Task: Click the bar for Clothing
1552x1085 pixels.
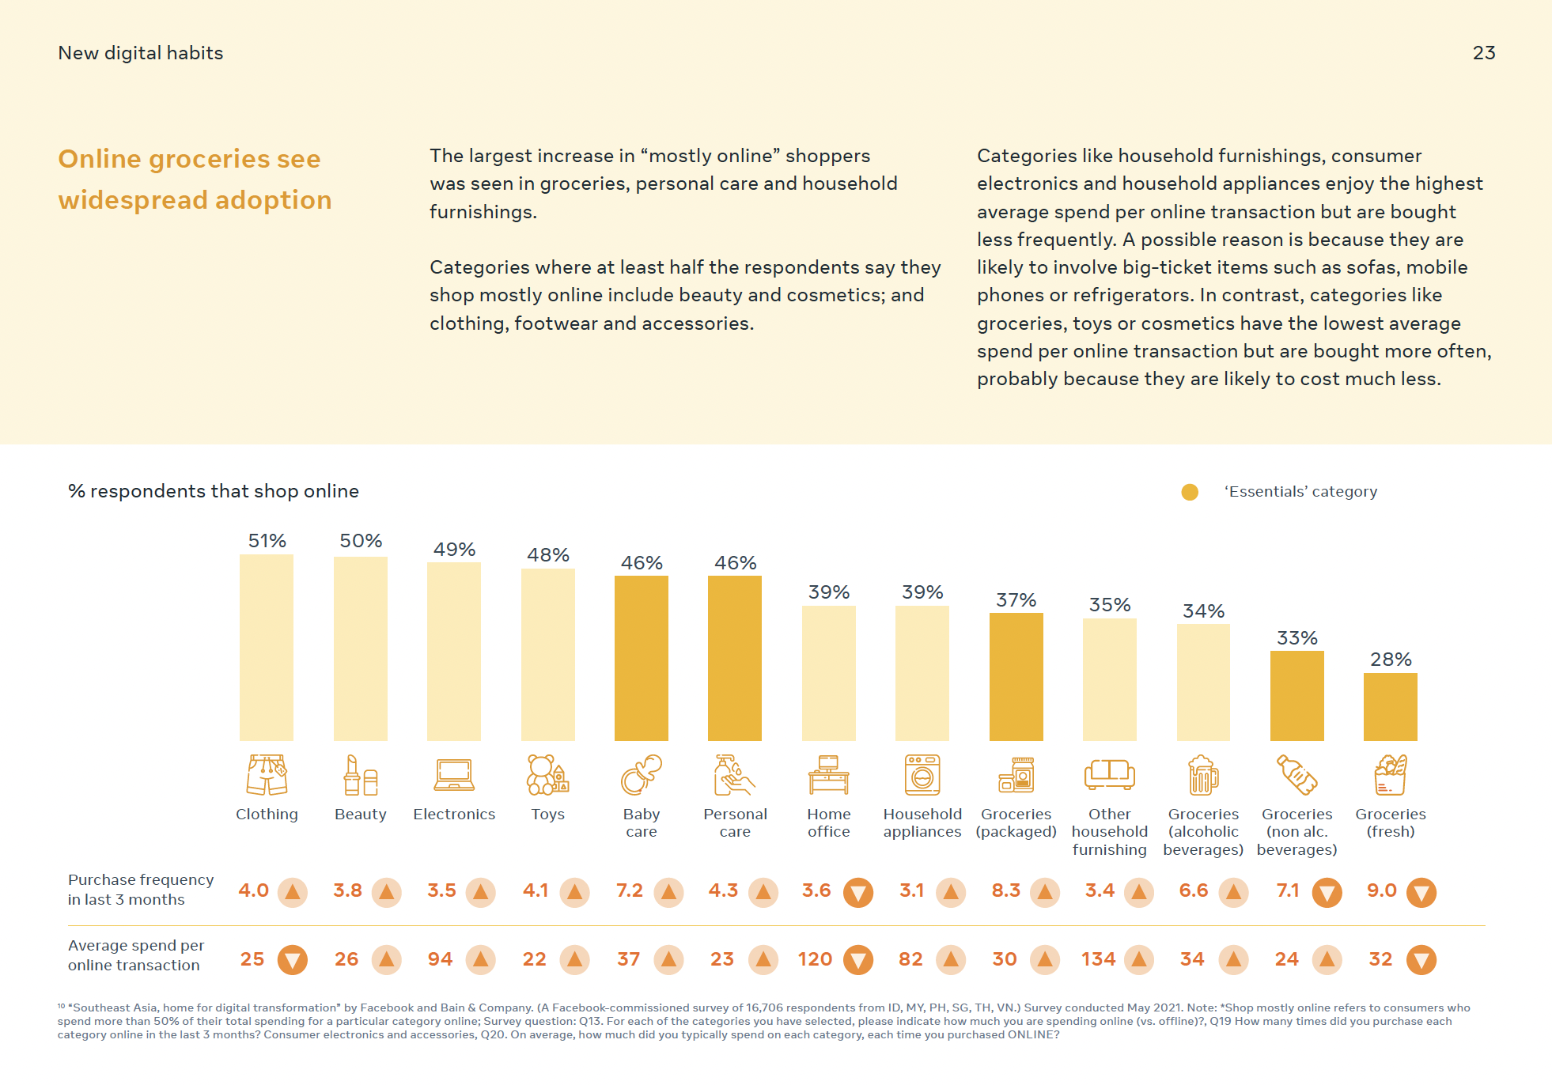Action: (x=267, y=648)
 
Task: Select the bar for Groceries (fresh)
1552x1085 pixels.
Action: (x=1391, y=707)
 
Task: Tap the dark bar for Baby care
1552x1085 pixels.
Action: (x=642, y=658)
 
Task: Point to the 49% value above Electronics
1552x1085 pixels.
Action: (x=454, y=550)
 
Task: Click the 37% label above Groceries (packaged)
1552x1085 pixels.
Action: (x=1016, y=600)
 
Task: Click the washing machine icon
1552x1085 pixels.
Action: (x=922, y=775)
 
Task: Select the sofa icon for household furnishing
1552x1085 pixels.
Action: (x=1110, y=774)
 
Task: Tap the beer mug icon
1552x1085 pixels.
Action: (x=1203, y=775)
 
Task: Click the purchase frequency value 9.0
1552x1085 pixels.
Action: (x=1382, y=890)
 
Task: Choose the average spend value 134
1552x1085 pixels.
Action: (x=1099, y=959)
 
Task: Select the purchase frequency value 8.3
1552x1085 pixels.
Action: (x=1006, y=890)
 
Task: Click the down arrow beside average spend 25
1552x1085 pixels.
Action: (x=293, y=960)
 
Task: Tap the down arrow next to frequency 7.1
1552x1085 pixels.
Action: (x=1327, y=893)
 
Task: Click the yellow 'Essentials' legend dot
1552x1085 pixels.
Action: (x=1190, y=492)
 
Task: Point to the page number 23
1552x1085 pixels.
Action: (x=1484, y=53)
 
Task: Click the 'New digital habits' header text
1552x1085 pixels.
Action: (x=141, y=53)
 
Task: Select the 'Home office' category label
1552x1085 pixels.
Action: (x=829, y=822)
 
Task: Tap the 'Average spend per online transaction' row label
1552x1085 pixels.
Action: (x=136, y=955)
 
